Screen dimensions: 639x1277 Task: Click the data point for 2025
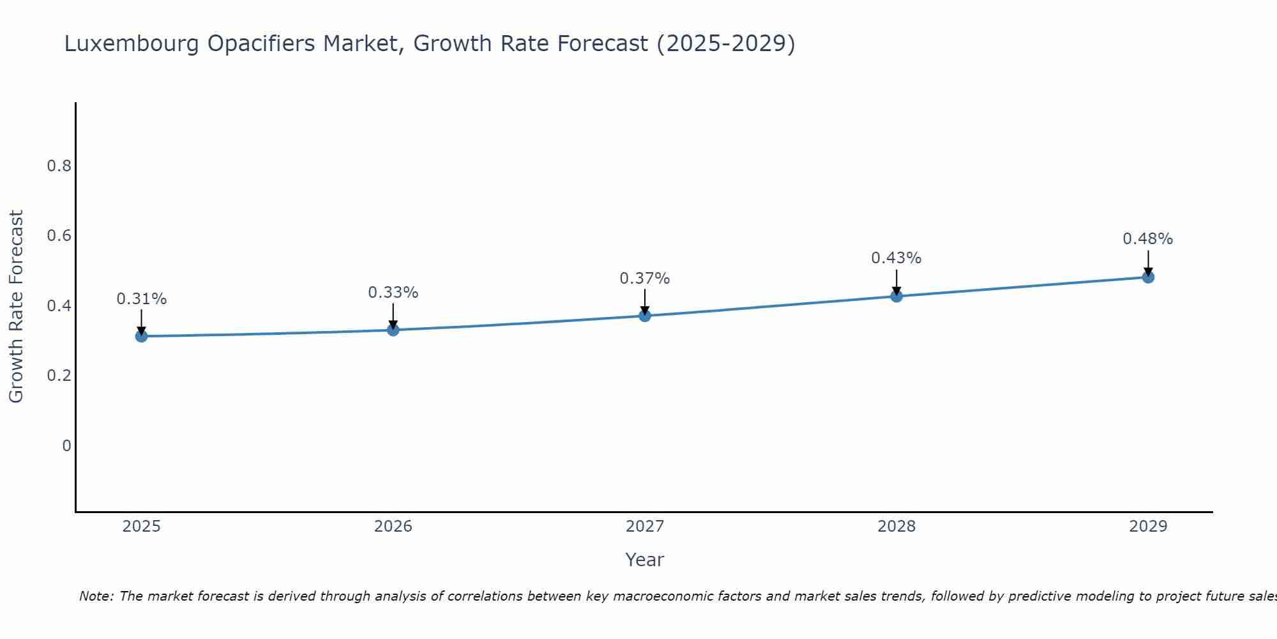point(141,336)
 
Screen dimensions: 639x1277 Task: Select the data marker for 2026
point(393,330)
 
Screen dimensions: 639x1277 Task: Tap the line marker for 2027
point(645,316)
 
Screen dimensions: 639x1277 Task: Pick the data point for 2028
point(896,296)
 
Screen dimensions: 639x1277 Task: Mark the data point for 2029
point(1148,277)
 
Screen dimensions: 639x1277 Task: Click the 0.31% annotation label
point(141,299)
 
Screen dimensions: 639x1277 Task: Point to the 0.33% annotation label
point(393,293)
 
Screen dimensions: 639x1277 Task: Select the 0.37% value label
point(645,279)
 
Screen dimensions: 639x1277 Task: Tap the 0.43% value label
point(896,258)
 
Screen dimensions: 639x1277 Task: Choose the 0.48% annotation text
point(1148,239)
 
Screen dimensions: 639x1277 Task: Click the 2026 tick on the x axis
point(393,527)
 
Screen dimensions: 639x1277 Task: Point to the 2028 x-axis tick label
point(896,527)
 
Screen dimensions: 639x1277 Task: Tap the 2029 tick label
point(1148,527)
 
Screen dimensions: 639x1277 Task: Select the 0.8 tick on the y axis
point(59,166)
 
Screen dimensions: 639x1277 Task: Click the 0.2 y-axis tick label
point(59,376)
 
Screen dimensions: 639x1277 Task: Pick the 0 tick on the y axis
point(66,445)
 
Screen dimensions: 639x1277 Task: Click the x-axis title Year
point(645,560)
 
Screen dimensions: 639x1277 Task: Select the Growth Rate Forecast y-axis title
point(16,307)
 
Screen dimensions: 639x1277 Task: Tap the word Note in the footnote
point(96,596)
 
